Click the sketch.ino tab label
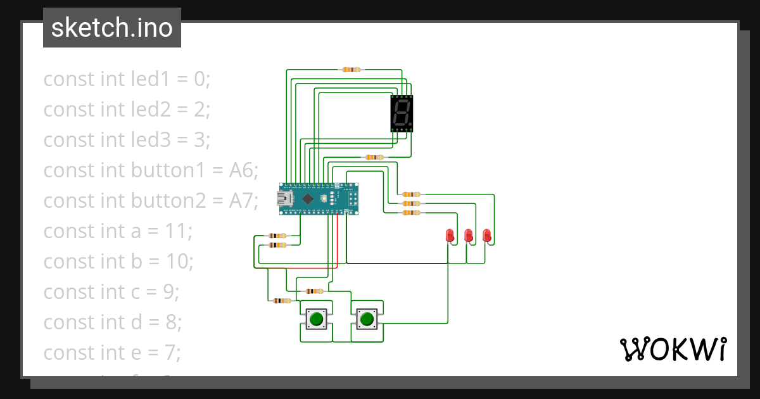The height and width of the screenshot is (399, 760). tap(111, 28)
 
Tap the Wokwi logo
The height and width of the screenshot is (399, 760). tap(672, 349)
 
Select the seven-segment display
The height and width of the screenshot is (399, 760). tap(402, 113)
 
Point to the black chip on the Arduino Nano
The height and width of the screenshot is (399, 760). tap(308, 199)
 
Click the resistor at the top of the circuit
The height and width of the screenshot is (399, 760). tap(351, 70)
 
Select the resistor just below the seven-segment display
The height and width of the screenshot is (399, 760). tap(374, 157)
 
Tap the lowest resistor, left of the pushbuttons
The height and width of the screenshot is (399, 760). tap(282, 301)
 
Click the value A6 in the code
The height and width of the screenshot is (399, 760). tap(241, 170)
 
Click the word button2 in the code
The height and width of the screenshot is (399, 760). tap(168, 201)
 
